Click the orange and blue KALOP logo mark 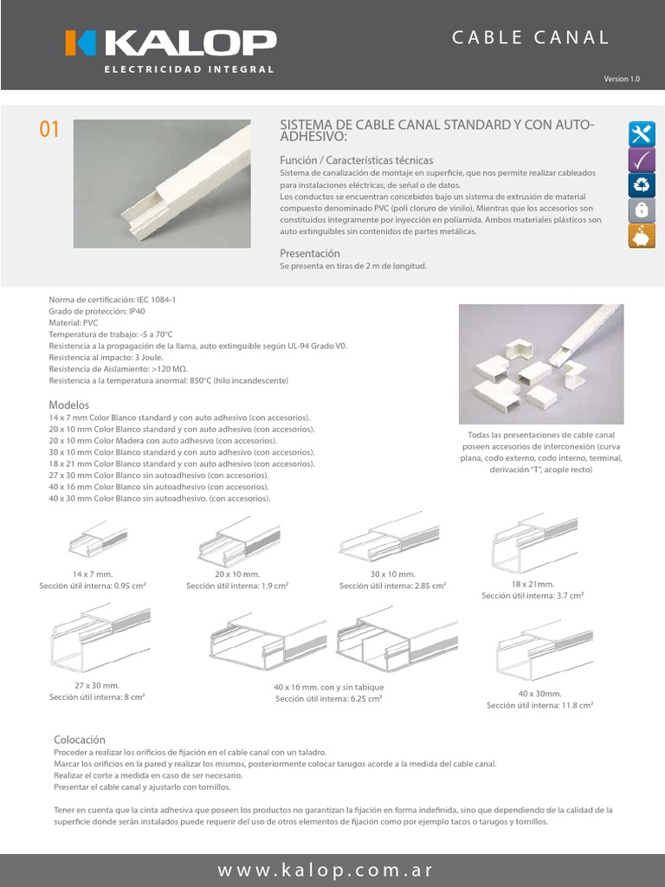coord(81,43)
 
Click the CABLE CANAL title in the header coord(530,38)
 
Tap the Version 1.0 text coord(622,79)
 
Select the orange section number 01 coord(49,129)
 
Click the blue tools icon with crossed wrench coord(642,134)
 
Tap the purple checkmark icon coord(642,159)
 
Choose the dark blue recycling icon coord(642,185)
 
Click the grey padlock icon coord(642,210)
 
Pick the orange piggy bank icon coord(642,236)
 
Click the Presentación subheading coord(310,254)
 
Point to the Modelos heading coord(69,405)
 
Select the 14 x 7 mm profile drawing coord(98,539)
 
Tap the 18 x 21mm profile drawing coord(534,543)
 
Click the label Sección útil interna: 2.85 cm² coord(392,586)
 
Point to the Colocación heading coord(80,740)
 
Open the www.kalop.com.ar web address coord(326,870)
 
